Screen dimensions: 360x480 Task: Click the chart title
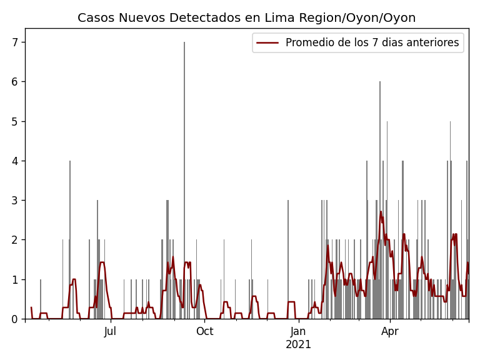[x=246, y=18]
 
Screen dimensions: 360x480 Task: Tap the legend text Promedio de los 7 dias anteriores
[x=372, y=43]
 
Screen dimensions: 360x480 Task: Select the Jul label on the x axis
[x=110, y=331]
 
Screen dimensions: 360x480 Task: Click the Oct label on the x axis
[x=204, y=331]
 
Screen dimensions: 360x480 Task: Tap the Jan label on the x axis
[x=298, y=331]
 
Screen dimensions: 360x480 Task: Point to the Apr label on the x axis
[x=390, y=331]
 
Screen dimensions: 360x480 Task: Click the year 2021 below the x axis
[x=298, y=344]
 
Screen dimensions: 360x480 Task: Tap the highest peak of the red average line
[x=381, y=212]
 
